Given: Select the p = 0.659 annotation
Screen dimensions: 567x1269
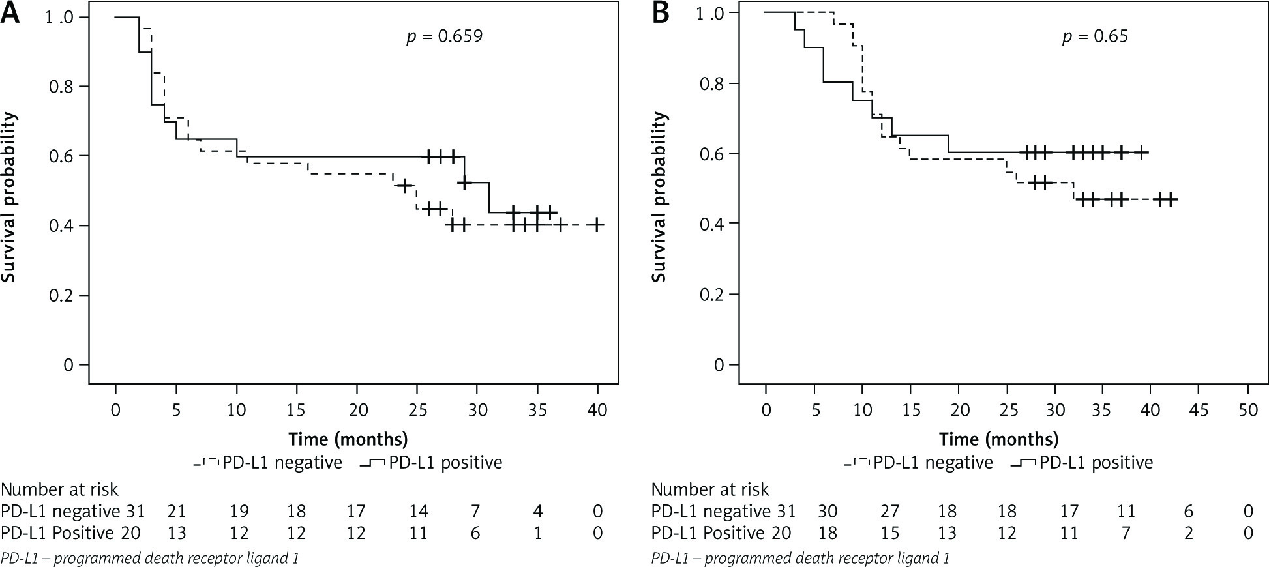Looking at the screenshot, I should click(x=444, y=36).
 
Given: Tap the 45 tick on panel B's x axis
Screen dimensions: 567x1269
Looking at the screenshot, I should click(x=1199, y=410).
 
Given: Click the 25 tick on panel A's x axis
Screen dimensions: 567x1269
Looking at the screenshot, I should click(x=417, y=410).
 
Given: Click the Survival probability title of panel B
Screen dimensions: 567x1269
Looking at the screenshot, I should click(x=659, y=197).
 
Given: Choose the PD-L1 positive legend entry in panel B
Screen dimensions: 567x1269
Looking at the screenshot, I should click(x=1082, y=463).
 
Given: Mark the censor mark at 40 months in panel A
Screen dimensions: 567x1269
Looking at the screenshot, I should click(x=597, y=225).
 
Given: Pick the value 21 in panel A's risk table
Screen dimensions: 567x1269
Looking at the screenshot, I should click(x=177, y=512).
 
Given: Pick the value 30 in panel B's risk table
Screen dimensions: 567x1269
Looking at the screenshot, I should click(x=828, y=512).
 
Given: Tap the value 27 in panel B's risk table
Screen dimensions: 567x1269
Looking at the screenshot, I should click(x=890, y=512).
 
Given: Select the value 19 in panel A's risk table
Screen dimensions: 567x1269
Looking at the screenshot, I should click(x=239, y=512).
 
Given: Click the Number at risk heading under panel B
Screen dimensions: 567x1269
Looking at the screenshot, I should click(x=710, y=489).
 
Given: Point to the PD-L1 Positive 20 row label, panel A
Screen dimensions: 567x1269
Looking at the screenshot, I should click(x=70, y=533).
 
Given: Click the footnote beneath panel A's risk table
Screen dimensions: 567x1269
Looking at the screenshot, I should click(x=150, y=558).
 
